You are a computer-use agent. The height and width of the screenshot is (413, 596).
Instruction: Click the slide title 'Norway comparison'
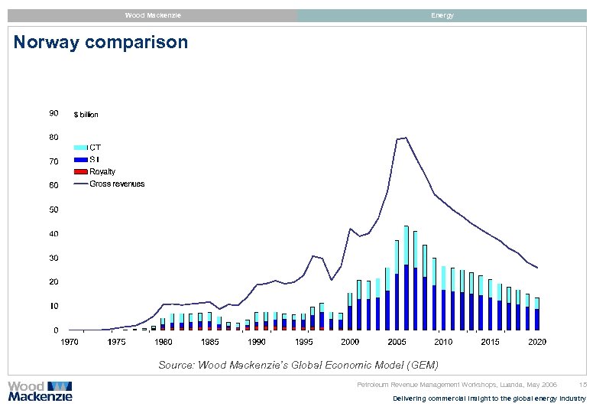pyautogui.click(x=101, y=42)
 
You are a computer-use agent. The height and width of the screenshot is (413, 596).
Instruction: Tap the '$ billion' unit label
pyautogui.click(x=86, y=115)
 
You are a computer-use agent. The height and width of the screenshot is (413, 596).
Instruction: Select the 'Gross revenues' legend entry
pyautogui.click(x=117, y=184)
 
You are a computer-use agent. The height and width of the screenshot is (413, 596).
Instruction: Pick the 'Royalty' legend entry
pyautogui.click(x=102, y=171)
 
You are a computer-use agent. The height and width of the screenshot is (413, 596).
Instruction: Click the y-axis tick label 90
pyautogui.click(x=53, y=113)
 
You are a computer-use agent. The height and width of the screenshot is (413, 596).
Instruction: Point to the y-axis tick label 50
pyautogui.click(x=53, y=210)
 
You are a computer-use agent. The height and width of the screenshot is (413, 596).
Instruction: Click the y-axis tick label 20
pyautogui.click(x=53, y=282)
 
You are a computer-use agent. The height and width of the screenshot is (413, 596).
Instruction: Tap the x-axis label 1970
pyautogui.click(x=70, y=342)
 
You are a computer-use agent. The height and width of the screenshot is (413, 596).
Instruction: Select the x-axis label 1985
pyautogui.click(x=210, y=342)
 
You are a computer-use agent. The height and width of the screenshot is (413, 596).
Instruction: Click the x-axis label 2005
pyautogui.click(x=397, y=342)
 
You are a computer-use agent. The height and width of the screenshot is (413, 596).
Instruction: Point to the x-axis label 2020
pyautogui.click(x=537, y=342)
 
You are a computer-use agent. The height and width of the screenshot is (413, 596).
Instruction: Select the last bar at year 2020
pyautogui.click(x=537, y=314)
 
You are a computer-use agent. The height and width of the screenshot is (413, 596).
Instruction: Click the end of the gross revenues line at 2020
pyautogui.click(x=537, y=268)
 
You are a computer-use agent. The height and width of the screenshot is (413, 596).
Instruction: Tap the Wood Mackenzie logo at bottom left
pyautogui.click(x=40, y=391)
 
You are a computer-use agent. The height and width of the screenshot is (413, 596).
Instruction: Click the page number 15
pyautogui.click(x=583, y=384)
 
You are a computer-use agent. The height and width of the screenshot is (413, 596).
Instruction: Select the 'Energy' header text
pyautogui.click(x=442, y=15)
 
